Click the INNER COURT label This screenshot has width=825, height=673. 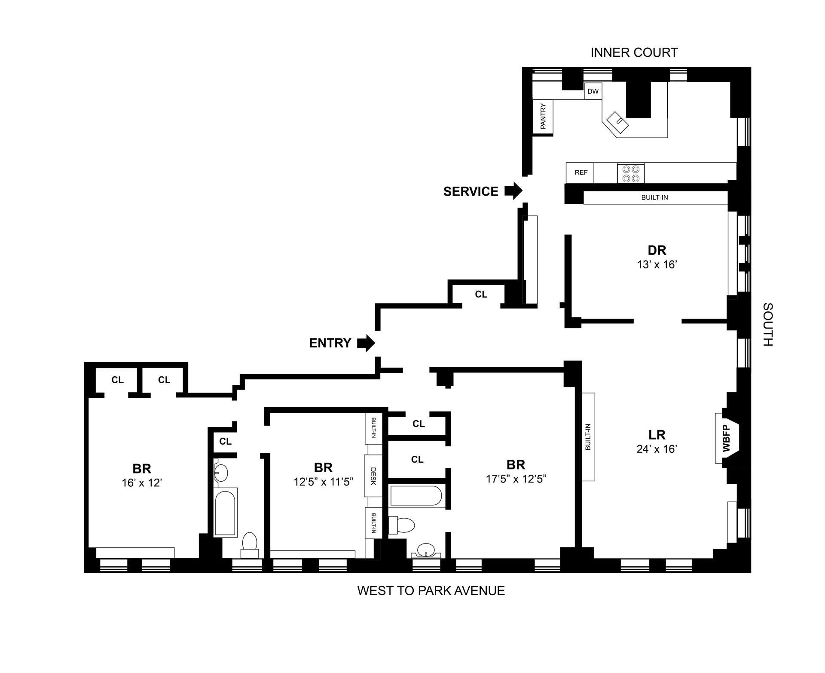(634, 52)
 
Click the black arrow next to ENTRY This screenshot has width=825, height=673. (366, 343)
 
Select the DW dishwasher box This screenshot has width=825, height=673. (593, 91)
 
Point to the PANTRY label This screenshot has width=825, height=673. (543, 116)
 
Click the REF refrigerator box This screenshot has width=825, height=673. (581, 172)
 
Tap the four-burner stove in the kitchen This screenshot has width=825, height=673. (630, 173)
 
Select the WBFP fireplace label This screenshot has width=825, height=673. (726, 438)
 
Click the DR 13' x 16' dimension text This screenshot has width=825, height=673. (657, 264)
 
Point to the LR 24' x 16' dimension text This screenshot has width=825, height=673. (657, 449)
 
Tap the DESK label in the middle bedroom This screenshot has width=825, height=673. (373, 476)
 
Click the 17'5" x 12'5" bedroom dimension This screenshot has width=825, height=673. (516, 479)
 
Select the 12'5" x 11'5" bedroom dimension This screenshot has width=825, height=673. (323, 482)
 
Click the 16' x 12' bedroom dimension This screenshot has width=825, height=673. (141, 482)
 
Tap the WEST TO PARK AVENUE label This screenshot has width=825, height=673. (431, 590)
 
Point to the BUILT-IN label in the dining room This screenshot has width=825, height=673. (654, 197)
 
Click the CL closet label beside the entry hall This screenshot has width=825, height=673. (481, 294)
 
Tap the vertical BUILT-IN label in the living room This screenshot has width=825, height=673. (588, 437)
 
